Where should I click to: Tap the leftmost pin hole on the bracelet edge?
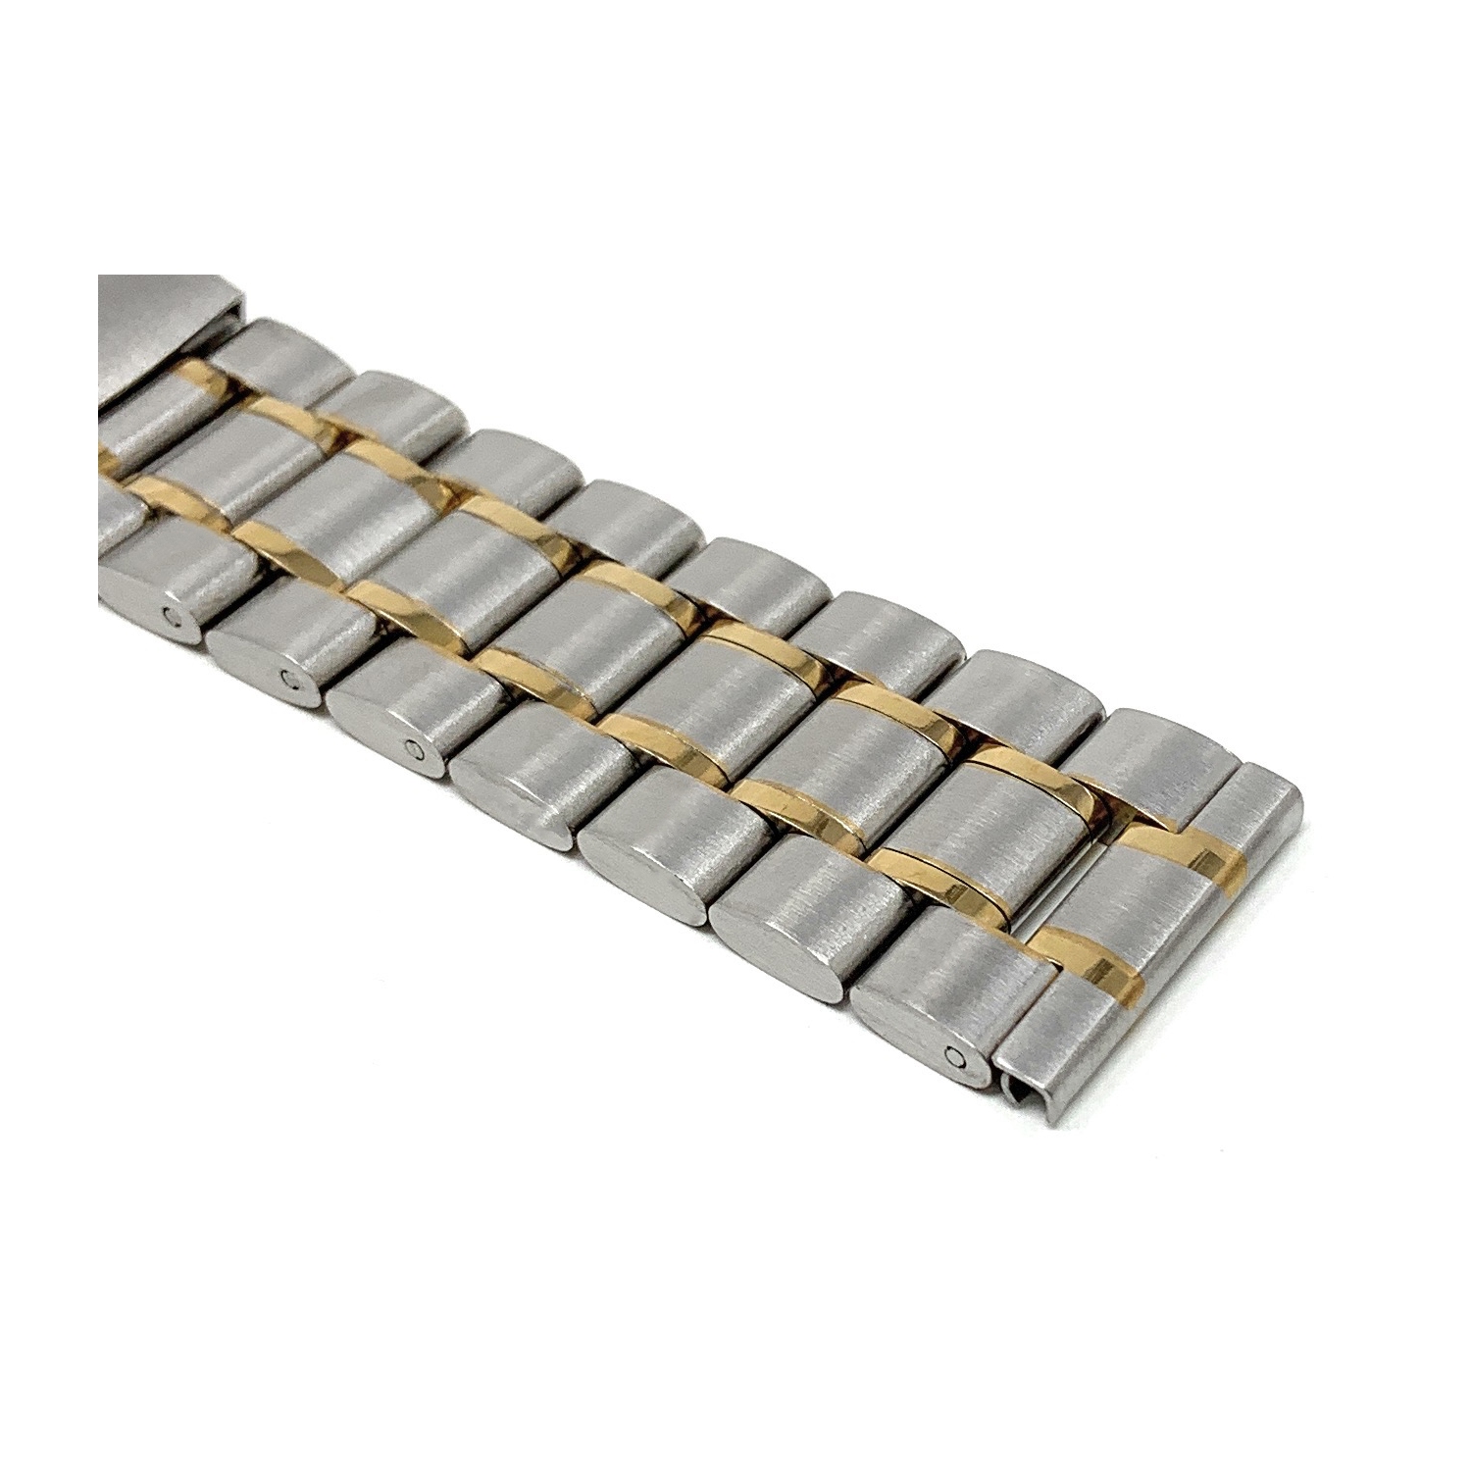tap(174, 615)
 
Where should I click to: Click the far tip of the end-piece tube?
tap(1275, 785)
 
